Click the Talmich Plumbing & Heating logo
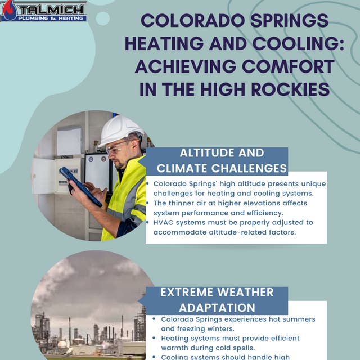(44, 11)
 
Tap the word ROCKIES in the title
(290, 89)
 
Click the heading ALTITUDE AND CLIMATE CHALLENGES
(222, 160)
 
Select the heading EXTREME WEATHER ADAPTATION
(217, 300)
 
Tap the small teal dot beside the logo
(102, 19)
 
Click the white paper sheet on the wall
(69, 141)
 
